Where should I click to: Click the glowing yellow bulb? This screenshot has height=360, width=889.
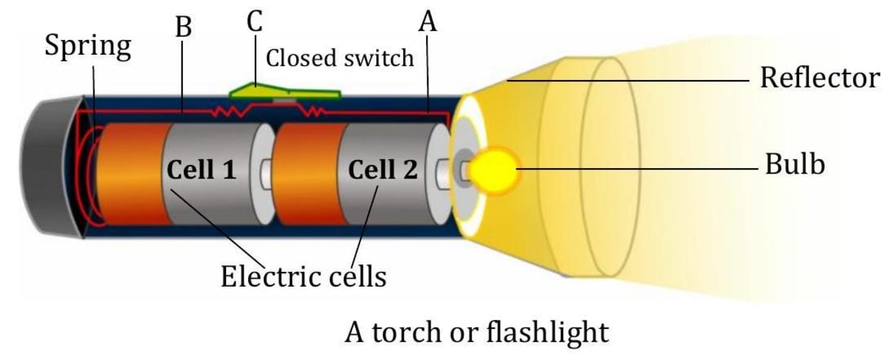click(494, 169)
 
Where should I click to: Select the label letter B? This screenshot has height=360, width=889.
click(183, 27)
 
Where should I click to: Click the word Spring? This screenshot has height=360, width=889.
click(87, 47)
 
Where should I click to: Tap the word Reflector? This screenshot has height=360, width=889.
click(819, 77)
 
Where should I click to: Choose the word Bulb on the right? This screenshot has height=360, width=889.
click(794, 165)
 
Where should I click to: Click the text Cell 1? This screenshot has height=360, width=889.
click(202, 170)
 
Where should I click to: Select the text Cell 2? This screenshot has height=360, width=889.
click(382, 170)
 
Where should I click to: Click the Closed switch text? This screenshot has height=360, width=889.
click(339, 58)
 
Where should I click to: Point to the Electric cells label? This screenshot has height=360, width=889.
click(304, 277)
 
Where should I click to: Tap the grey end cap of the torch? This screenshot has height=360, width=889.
click(48, 170)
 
